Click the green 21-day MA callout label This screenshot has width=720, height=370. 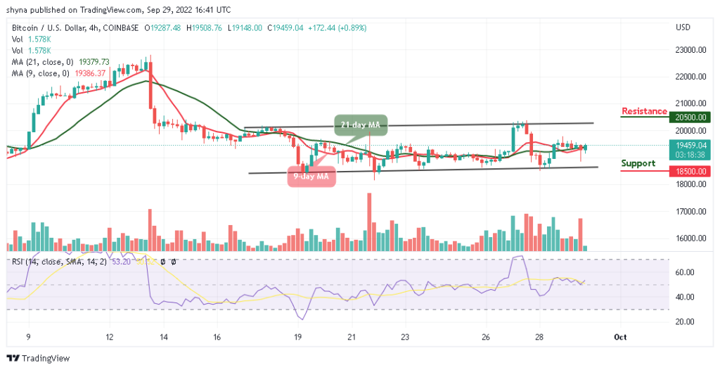click(361, 125)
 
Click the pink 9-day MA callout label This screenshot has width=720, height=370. click(311, 175)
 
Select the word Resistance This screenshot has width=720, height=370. click(644, 111)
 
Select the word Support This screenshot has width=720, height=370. click(638, 163)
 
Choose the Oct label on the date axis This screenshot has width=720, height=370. click(619, 337)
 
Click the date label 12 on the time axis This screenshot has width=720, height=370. click(110, 337)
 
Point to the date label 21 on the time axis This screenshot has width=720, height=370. click(352, 337)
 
